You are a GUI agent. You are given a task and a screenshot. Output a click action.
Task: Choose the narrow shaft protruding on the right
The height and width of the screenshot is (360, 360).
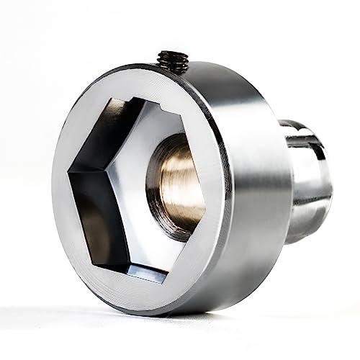(x=306, y=180)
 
